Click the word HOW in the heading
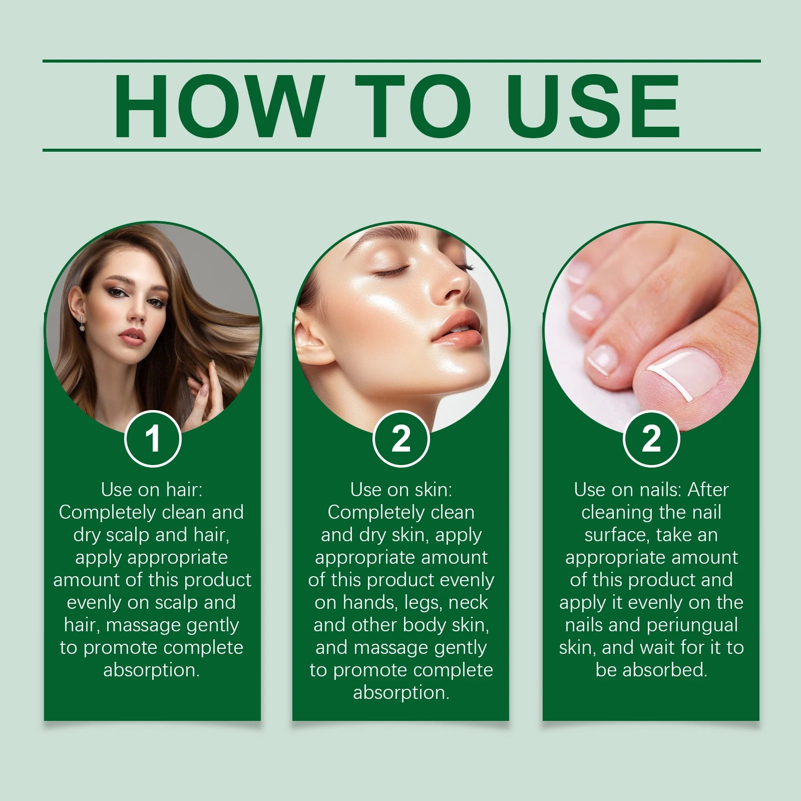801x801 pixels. [x=216, y=106]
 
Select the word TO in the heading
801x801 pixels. [x=413, y=106]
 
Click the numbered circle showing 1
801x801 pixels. [x=153, y=439]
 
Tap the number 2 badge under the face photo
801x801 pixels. [x=401, y=439]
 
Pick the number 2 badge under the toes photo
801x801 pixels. [x=651, y=439]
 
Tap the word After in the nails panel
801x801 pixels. [x=708, y=490]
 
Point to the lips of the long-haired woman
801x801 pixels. [x=132, y=336]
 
